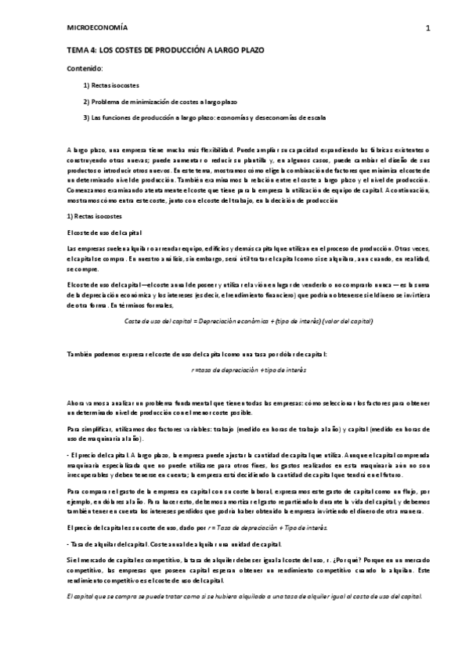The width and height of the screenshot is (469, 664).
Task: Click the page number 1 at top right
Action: pos(428,29)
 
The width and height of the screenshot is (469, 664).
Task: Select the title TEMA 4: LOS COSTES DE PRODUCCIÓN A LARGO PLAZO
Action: pos(165,49)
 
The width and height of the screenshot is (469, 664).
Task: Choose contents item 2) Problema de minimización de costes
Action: pos(160,102)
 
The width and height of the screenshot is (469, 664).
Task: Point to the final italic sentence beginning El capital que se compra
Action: pos(245,597)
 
